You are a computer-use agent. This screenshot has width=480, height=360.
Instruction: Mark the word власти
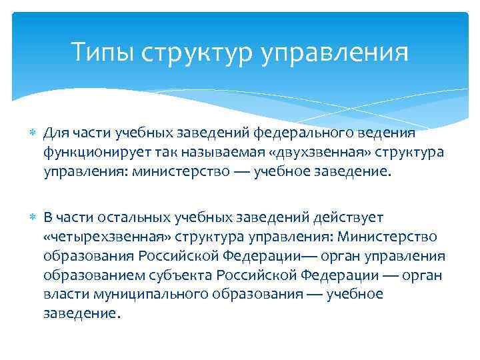[x=63, y=295]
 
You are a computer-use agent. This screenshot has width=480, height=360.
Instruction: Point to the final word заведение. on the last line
[x=82, y=314]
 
